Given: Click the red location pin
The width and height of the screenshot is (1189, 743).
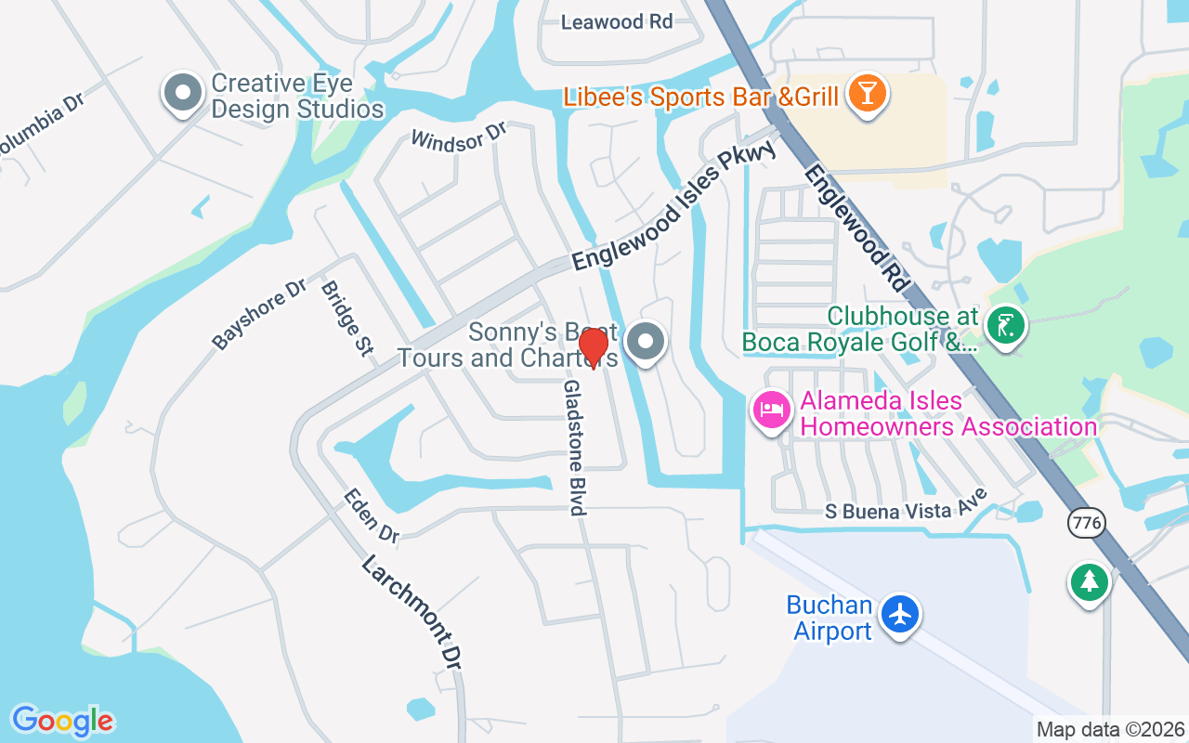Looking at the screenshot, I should [593, 347].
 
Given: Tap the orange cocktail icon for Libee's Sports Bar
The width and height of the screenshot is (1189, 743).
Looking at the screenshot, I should [867, 95].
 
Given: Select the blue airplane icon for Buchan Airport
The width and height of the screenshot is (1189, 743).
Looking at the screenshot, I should [899, 614].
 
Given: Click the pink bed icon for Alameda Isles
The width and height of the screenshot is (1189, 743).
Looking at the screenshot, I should [772, 409].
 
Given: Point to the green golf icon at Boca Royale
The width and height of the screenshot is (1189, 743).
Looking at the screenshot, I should [1005, 325].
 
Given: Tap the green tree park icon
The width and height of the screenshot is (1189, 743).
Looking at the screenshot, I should [1089, 582].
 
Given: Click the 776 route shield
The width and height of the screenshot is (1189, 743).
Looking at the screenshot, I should [1086, 523].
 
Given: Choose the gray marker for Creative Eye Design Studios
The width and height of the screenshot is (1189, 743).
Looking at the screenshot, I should [183, 93].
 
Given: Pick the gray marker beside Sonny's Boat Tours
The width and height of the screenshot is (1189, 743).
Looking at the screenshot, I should [646, 342].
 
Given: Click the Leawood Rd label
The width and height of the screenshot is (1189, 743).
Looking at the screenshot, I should [617, 22].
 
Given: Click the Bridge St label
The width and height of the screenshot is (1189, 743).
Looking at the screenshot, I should [346, 319].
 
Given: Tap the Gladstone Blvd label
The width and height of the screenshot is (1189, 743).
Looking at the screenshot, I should [575, 447].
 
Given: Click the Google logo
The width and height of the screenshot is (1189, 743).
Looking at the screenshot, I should [62, 721].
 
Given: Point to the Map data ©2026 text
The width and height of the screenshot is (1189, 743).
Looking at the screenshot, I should [1110, 729].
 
